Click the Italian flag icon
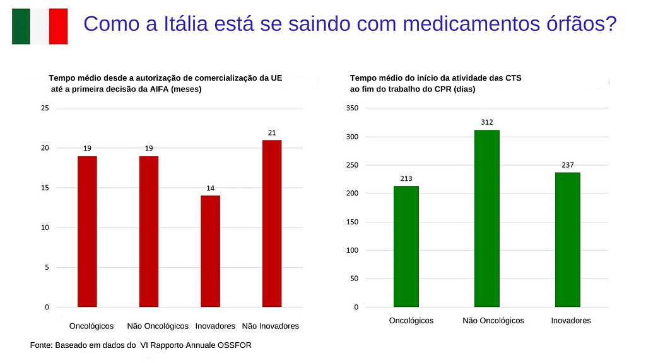pyautogui.click(x=40, y=26)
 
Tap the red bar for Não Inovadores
pyautogui.click(x=272, y=223)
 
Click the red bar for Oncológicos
pyautogui.click(x=87, y=231)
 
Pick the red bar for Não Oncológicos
pyautogui.click(x=149, y=231)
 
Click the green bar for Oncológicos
pyautogui.click(x=406, y=246)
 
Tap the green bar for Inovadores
pyautogui.click(x=568, y=239)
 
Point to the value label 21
pyautogui.click(x=272, y=132)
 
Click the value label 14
pyautogui.click(x=210, y=188)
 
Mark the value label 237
pyautogui.click(x=568, y=165)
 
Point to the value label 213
pyautogui.click(x=406, y=178)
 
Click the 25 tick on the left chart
pyautogui.click(x=44, y=108)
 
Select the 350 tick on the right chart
pyautogui.click(x=352, y=108)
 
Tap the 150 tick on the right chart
pyautogui.click(x=352, y=222)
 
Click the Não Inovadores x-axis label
pyautogui.click(x=271, y=326)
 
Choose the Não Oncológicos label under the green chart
pyautogui.click(x=493, y=320)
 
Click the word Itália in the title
pyautogui.click(x=184, y=24)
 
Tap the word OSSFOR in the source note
pyautogui.click(x=235, y=345)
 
